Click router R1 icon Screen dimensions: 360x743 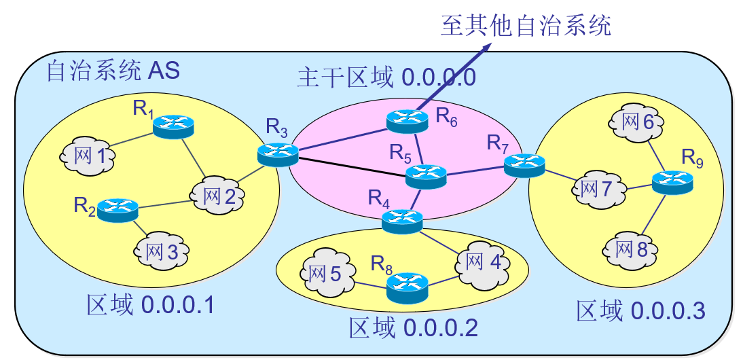173,126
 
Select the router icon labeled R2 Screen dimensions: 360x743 117,210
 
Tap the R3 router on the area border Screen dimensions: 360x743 278,154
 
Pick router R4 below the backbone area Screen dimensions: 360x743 402,221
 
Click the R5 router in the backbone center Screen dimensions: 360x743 426,177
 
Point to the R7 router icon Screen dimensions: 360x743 524,166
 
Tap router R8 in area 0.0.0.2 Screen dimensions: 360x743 407,287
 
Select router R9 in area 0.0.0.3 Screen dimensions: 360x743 672,181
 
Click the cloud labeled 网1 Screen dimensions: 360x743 88,157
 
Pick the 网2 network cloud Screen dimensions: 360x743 218,196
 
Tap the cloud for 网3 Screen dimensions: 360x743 161,251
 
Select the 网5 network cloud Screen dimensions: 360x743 325,275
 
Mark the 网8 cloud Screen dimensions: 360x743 631,249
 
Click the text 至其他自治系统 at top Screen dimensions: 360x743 526,25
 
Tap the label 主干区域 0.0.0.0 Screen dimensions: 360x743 386,77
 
